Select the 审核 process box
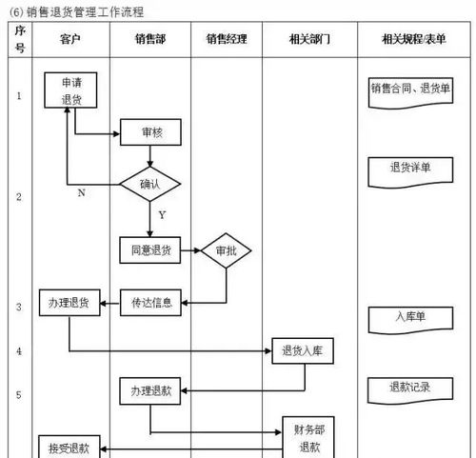pyautogui.click(x=150, y=133)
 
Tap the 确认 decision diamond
pyautogui.click(x=150, y=183)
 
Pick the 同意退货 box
pyautogui.click(x=150, y=251)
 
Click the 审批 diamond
pyautogui.click(x=226, y=251)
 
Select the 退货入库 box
pyautogui.click(x=302, y=351)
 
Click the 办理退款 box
pyautogui.click(x=149, y=390)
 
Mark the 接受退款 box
pyautogui.click(x=69, y=448)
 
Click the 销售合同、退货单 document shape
pyautogui.click(x=410, y=90)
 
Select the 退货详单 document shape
pyautogui.click(x=410, y=169)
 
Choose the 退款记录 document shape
pyautogui.click(x=410, y=388)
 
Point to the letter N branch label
pyautogui.click(x=82, y=193)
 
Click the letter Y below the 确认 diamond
pyautogui.click(x=162, y=215)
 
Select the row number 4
pyautogui.click(x=19, y=351)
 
